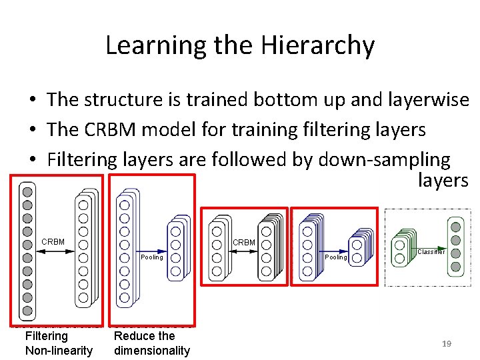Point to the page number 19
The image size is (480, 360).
click(447, 344)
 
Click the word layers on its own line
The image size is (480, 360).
click(443, 180)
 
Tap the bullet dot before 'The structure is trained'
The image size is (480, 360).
click(32, 101)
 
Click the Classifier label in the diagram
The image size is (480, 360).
click(431, 252)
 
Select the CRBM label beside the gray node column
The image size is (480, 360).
click(53, 241)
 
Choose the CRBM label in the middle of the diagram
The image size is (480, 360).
click(244, 242)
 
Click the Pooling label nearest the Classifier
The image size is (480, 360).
click(336, 257)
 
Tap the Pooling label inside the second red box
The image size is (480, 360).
click(152, 257)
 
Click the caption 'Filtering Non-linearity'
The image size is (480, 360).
click(59, 343)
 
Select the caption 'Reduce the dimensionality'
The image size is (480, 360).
click(152, 343)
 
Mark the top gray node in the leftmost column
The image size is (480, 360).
click(27, 191)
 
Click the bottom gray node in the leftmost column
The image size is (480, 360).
click(27, 310)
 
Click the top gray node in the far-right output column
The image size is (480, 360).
click(455, 227)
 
